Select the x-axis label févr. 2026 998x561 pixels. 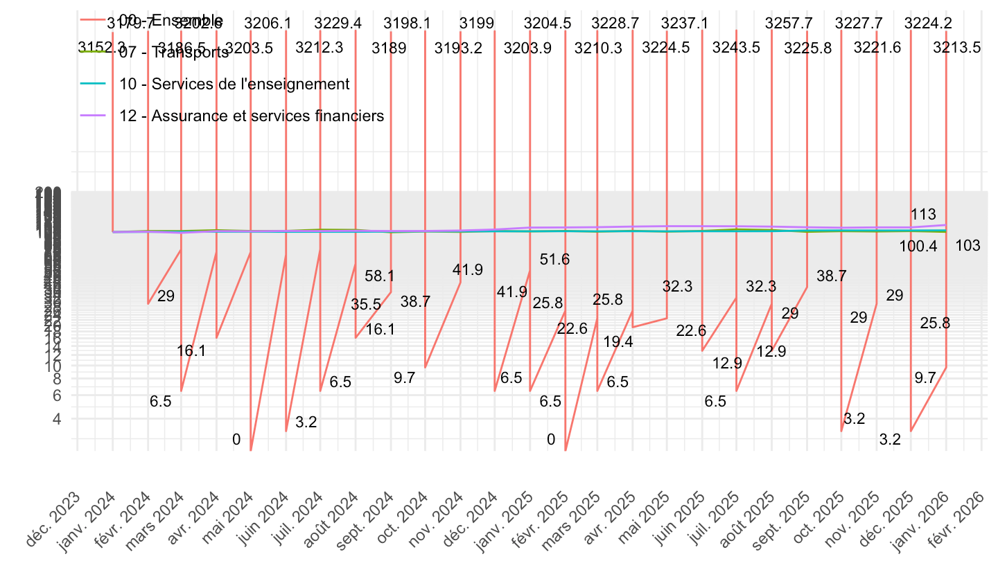point(964,513)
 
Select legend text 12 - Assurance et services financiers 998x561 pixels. point(252,116)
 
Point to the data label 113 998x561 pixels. point(924,214)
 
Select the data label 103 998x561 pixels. point(968,246)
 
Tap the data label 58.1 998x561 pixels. point(380,276)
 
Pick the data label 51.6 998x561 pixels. point(554,260)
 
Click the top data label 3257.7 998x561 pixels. point(789,23)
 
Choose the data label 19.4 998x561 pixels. point(618,341)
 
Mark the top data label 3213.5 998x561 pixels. point(957,48)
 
